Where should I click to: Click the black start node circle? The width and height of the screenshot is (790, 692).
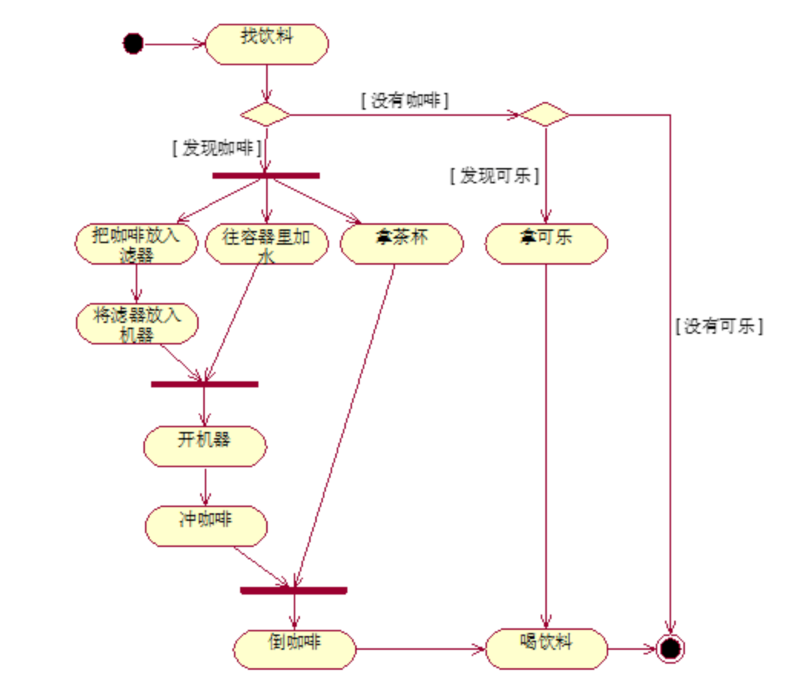(x=133, y=44)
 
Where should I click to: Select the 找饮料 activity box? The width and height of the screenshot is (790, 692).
(x=266, y=44)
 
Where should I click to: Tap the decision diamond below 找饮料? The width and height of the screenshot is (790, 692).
(x=265, y=115)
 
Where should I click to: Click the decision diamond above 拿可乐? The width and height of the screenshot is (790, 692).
(x=545, y=115)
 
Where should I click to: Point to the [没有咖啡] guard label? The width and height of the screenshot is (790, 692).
(x=404, y=101)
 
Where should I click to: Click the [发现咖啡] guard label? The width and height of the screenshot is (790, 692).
(x=217, y=148)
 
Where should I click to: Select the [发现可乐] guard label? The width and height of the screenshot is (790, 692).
(x=494, y=176)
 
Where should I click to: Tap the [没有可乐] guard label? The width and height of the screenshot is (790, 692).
(x=719, y=326)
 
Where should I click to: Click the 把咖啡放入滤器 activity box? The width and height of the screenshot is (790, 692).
(x=137, y=244)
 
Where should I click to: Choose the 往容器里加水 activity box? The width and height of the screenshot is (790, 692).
(x=267, y=244)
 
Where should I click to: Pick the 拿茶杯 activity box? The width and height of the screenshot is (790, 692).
(x=401, y=244)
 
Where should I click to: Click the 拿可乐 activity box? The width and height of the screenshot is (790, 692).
(x=545, y=244)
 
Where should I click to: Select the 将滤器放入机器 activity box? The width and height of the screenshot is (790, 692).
(x=137, y=324)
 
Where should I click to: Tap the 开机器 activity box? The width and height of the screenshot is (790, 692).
(x=205, y=446)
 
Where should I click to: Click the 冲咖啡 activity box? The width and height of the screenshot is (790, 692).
(x=206, y=526)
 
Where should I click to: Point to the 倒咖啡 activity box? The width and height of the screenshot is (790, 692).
(x=295, y=649)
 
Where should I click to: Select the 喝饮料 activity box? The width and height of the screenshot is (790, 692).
(x=546, y=649)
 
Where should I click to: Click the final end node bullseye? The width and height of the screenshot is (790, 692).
(x=670, y=649)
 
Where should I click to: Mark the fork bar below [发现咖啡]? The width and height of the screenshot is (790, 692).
(x=265, y=176)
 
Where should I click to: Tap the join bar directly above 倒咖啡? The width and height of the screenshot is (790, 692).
(x=293, y=590)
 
